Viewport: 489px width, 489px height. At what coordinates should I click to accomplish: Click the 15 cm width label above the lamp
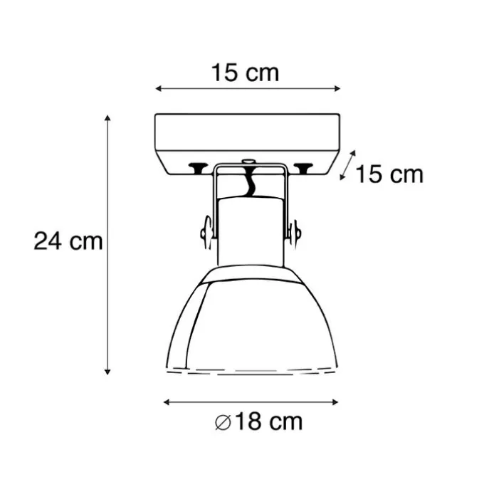[245, 72]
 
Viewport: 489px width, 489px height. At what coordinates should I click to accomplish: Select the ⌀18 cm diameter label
[258, 421]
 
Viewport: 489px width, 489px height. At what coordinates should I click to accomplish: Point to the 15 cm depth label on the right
[389, 174]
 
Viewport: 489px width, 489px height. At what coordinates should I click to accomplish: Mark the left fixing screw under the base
[194, 168]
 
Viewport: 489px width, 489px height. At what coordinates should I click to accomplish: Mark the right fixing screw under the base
[305, 168]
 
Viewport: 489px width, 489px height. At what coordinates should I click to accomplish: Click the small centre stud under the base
[248, 163]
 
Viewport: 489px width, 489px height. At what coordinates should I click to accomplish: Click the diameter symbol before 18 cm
[222, 422]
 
